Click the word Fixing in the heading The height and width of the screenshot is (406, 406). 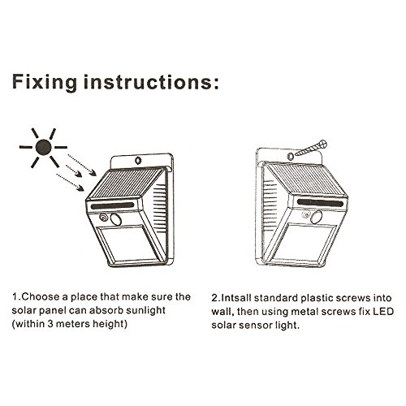(45, 82)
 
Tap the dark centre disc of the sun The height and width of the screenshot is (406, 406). (43, 148)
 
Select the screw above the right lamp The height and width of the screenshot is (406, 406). (311, 148)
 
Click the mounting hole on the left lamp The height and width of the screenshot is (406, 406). (138, 160)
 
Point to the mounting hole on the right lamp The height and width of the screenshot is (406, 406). (291, 157)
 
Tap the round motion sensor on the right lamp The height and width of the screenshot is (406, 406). (316, 217)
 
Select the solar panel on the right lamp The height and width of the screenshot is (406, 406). (306, 179)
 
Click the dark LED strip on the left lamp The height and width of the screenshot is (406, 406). (113, 205)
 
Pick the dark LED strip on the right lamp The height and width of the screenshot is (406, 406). (320, 202)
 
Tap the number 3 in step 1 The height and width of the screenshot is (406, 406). (50, 324)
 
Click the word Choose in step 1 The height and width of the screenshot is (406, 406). (41, 297)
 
